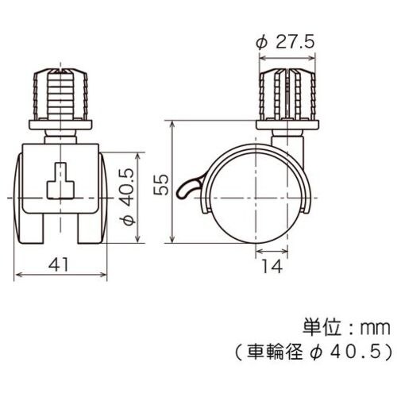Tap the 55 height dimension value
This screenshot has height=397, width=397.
click(161, 184)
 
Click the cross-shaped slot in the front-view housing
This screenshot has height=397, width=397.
click(61, 181)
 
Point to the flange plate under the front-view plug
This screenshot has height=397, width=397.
click(61, 125)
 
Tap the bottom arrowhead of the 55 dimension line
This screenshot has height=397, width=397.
click(174, 243)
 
